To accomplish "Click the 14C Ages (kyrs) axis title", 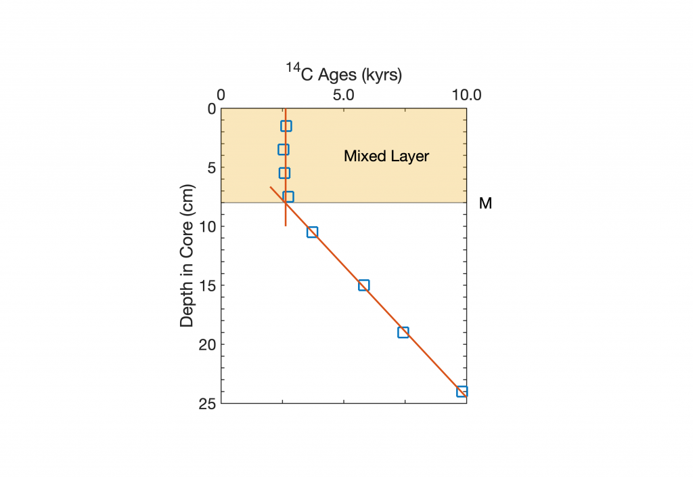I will [344, 74].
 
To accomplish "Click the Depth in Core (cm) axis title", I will [187, 255].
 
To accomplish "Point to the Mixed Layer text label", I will [386, 157].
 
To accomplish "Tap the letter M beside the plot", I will [485, 203].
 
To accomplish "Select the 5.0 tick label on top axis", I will [344, 95].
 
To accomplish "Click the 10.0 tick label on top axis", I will [466, 95].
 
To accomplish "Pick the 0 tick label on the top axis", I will [221, 95].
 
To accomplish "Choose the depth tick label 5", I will [210, 167].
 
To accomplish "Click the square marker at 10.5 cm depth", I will [312, 232].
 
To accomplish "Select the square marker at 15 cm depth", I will [363, 285].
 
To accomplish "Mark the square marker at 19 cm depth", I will [403, 332].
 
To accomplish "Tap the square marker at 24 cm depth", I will [462, 392].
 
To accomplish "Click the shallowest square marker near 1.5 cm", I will [286, 126].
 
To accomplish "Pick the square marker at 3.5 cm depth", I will [284, 150].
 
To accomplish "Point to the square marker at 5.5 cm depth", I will [284, 173].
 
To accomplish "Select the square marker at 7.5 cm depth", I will [288, 196].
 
